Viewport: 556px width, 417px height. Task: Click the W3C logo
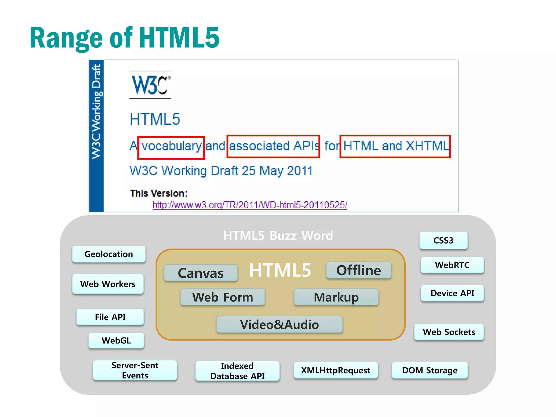tap(150, 85)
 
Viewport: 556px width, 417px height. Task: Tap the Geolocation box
tap(109, 254)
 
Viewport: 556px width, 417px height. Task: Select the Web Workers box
tap(108, 284)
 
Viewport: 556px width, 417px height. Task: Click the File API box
tap(110, 317)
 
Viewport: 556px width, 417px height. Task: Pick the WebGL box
tap(116, 340)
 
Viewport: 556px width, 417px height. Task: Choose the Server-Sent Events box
tap(135, 370)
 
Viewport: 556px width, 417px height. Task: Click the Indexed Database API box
tap(237, 371)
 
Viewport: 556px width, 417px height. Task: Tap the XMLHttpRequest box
tap(336, 370)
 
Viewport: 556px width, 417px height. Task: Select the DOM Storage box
tap(430, 370)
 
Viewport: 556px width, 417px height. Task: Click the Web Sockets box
tap(449, 332)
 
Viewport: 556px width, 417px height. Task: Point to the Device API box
tap(452, 293)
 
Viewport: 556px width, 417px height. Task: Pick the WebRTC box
tap(452, 265)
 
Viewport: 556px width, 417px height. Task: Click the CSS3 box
tap(443, 241)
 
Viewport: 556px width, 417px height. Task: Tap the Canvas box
tap(201, 273)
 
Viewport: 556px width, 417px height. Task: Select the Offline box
tap(359, 270)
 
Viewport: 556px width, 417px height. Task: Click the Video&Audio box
tap(279, 324)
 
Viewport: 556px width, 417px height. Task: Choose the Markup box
tap(336, 297)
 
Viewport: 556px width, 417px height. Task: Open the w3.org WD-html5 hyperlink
tap(250, 205)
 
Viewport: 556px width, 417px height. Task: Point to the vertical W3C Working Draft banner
tap(96, 136)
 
